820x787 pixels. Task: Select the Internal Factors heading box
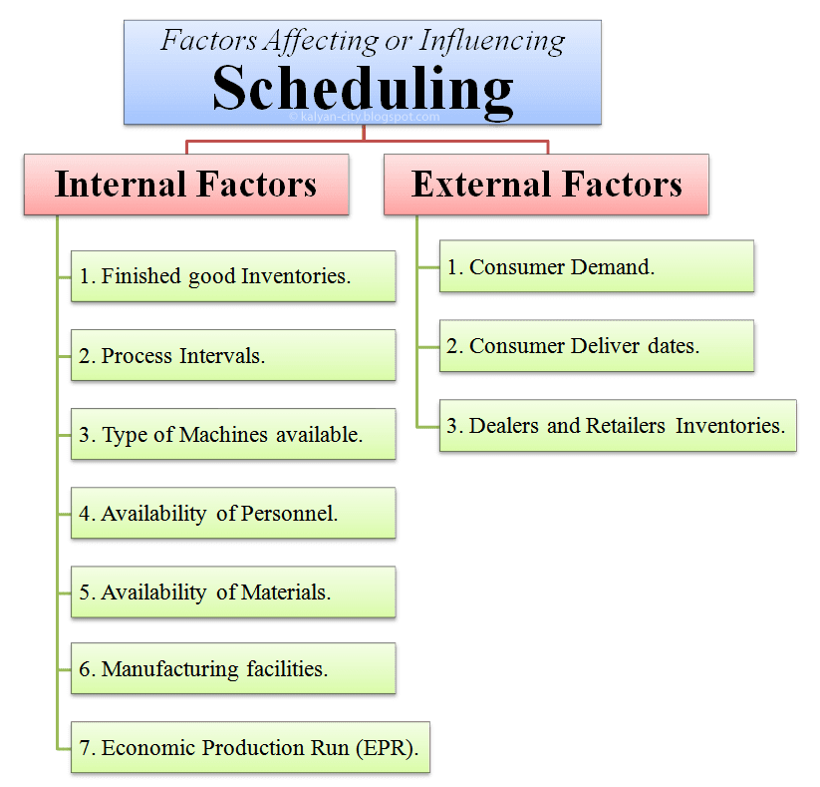click(186, 185)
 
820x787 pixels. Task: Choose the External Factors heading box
click(546, 185)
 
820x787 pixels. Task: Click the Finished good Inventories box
click(233, 276)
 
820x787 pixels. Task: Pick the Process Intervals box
click(233, 355)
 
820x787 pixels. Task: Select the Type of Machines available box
click(233, 434)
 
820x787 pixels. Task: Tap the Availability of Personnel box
click(233, 513)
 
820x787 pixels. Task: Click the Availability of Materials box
click(233, 591)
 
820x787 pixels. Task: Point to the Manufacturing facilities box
click(233, 668)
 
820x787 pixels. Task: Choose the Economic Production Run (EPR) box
click(250, 747)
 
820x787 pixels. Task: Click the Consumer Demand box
click(596, 266)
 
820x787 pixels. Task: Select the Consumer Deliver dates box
click(596, 346)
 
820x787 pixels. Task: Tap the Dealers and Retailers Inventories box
click(618, 425)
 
